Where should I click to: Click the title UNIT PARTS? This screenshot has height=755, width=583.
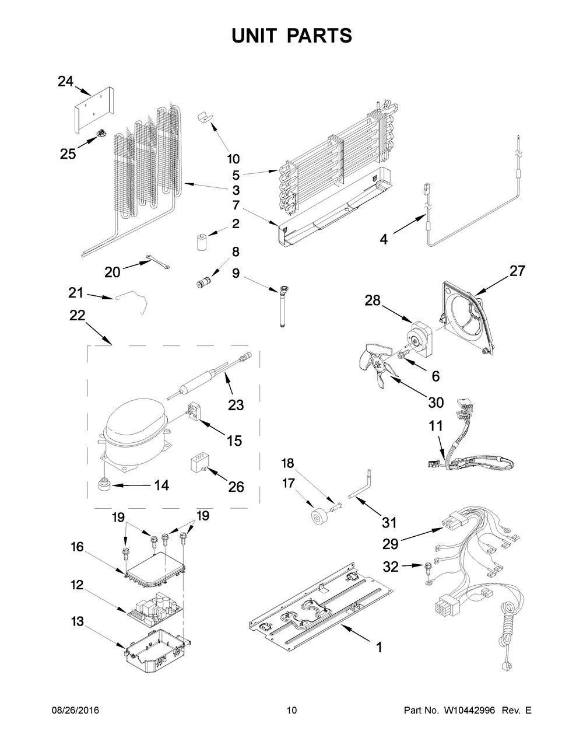(x=291, y=36)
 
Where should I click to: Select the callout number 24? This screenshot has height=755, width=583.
(x=65, y=81)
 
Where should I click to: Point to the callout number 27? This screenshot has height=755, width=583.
(x=517, y=271)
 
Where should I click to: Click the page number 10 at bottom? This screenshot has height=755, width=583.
(x=291, y=710)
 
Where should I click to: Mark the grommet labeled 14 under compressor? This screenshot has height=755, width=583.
(x=105, y=484)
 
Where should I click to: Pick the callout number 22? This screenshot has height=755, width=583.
(x=77, y=316)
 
